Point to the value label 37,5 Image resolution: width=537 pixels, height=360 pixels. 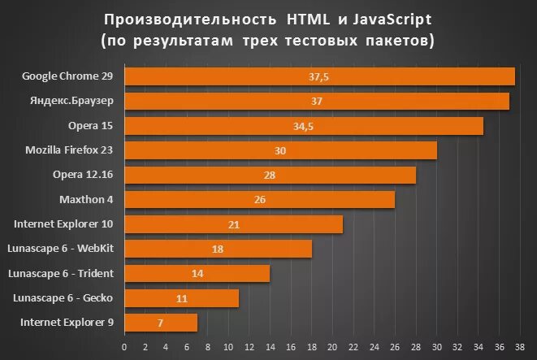[318, 76]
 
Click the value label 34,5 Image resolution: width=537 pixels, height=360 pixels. [303, 126]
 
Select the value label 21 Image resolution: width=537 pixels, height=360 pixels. [232, 224]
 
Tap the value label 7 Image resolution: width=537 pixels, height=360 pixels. [160, 323]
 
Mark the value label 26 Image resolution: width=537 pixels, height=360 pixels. [259, 200]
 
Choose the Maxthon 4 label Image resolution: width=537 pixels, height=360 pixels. [86, 199]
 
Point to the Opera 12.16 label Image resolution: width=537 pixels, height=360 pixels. [83, 175]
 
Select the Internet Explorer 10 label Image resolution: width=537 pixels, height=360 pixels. [63, 224]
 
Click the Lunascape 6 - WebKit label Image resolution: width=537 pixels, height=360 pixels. [60, 249]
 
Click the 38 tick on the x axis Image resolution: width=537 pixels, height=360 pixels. [518, 347]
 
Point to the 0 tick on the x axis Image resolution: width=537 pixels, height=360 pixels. [124, 347]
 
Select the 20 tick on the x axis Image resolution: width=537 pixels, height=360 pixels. [331, 347]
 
